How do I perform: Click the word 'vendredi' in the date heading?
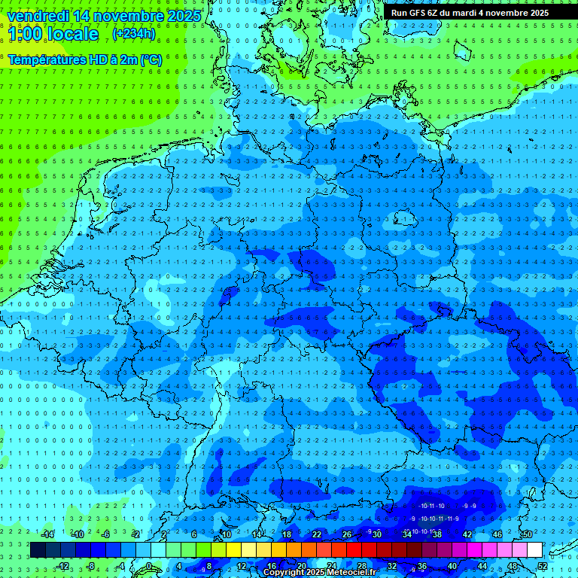35,15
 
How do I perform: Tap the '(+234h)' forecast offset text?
134,34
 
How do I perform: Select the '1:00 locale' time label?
53,35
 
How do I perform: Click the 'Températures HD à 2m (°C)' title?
84,59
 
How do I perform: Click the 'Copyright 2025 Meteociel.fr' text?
319,573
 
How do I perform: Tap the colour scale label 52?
543,566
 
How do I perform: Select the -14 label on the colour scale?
48,534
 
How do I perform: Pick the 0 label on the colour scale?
150,566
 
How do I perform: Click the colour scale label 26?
347,534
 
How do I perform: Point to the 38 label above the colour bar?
437,534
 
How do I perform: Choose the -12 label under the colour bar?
63,566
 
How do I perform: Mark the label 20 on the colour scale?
302,566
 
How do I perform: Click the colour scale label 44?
482,566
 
